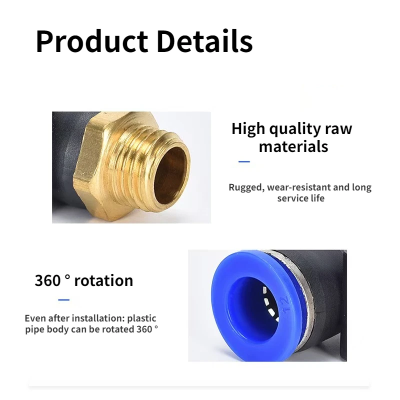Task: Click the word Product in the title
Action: (92, 41)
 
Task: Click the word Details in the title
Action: (204, 41)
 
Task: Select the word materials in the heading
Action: (293, 146)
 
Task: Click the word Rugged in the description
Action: (246, 187)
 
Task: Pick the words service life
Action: (301, 198)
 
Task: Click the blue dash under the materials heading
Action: (244, 161)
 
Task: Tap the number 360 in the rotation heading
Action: (47, 280)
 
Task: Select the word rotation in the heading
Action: (103, 280)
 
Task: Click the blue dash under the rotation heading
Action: (64, 299)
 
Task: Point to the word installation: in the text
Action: (98, 318)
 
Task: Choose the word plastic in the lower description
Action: (141, 318)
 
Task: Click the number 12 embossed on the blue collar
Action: (285, 304)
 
